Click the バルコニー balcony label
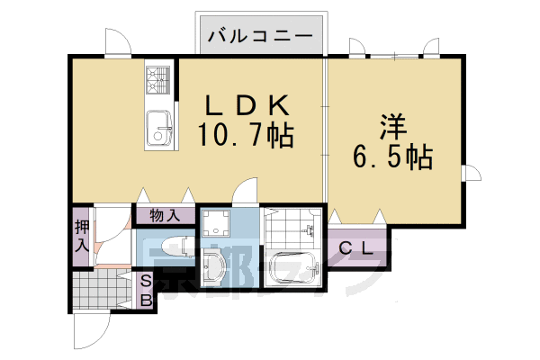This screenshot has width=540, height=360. (261, 37)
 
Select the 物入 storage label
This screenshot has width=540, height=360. (164, 215)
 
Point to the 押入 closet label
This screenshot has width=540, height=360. (81, 236)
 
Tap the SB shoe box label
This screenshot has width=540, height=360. (144, 291)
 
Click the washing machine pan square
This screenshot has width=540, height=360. (217, 223)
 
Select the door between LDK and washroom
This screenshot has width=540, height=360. (241, 193)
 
